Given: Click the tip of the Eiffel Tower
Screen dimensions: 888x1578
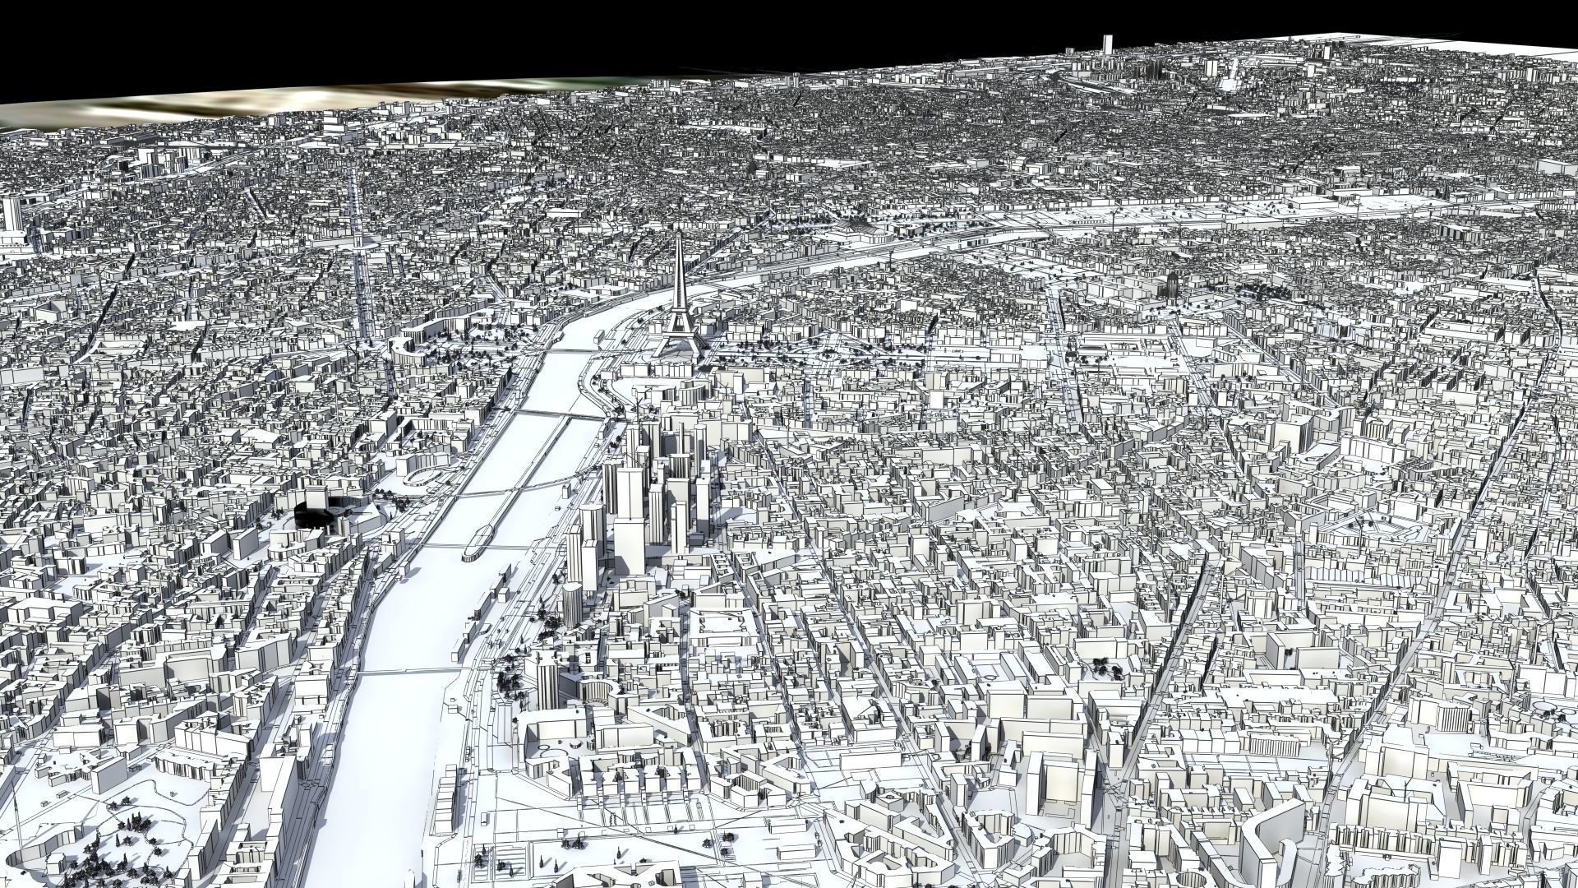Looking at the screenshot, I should [x=680, y=236].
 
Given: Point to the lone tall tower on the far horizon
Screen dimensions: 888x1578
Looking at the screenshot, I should [x=1105, y=44].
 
